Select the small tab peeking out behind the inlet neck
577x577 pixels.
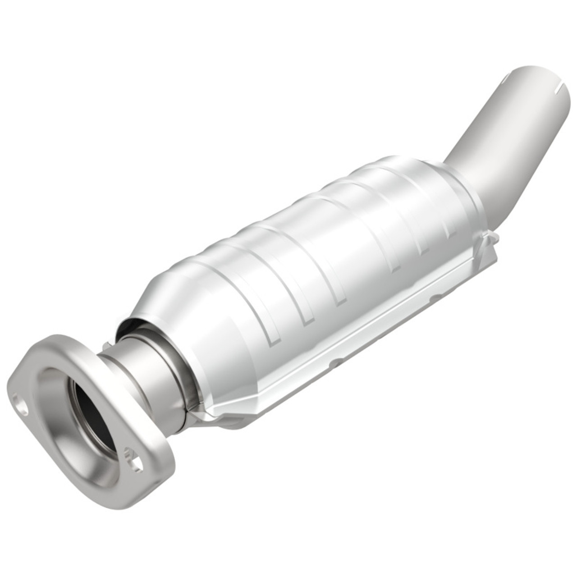[107, 345]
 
